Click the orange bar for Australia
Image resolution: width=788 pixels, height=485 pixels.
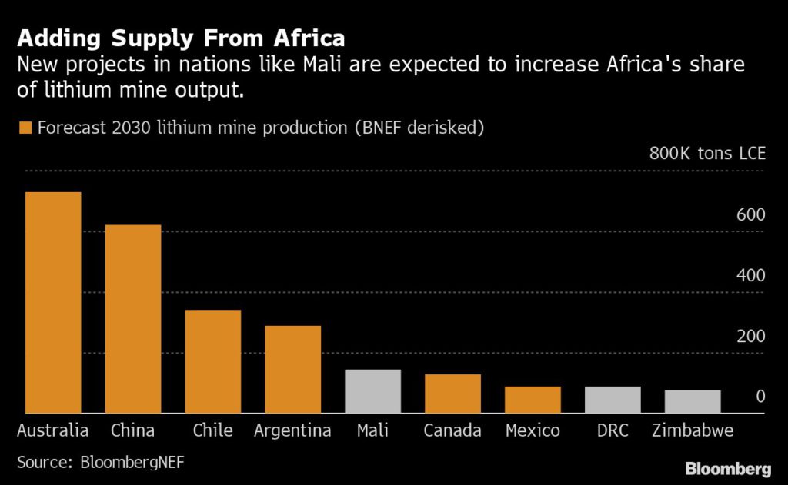pos(53,303)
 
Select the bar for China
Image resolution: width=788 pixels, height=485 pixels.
pos(133,319)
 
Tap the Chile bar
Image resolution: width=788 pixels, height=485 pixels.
pos(213,362)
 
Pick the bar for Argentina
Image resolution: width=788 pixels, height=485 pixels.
pos(293,370)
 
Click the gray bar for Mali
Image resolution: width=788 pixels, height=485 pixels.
pos(373,391)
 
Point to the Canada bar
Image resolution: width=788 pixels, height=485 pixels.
pos(452,394)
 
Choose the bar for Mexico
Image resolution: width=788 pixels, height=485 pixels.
pos(533,400)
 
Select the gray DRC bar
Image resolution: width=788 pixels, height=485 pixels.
pos(613,400)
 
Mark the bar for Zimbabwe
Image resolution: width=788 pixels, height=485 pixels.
pos(693,402)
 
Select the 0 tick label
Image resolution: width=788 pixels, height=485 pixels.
pos(760,397)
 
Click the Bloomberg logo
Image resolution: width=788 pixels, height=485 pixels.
pos(728,468)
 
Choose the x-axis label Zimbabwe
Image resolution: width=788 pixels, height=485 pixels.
pos(693,430)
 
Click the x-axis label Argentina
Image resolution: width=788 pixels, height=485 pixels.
pos(293,430)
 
